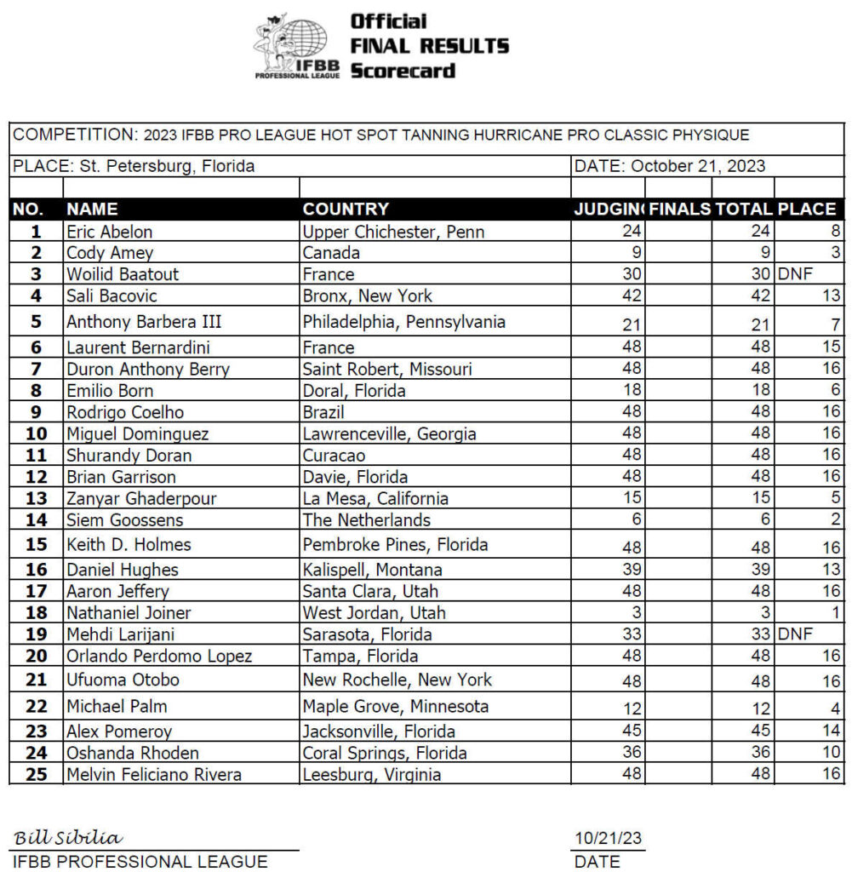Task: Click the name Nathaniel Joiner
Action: click(x=129, y=612)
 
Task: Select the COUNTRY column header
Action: click(x=346, y=209)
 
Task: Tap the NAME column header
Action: click(x=92, y=209)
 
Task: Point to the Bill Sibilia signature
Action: click(x=68, y=838)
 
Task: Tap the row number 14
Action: click(x=36, y=519)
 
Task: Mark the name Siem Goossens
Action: click(x=124, y=519)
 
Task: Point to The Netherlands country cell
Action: click(x=367, y=519)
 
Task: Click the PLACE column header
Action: click(x=806, y=209)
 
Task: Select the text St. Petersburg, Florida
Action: click(x=167, y=166)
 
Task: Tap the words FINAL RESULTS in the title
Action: click(x=430, y=45)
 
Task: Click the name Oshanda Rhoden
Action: click(x=132, y=753)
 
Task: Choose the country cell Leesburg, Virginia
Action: click(x=372, y=775)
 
